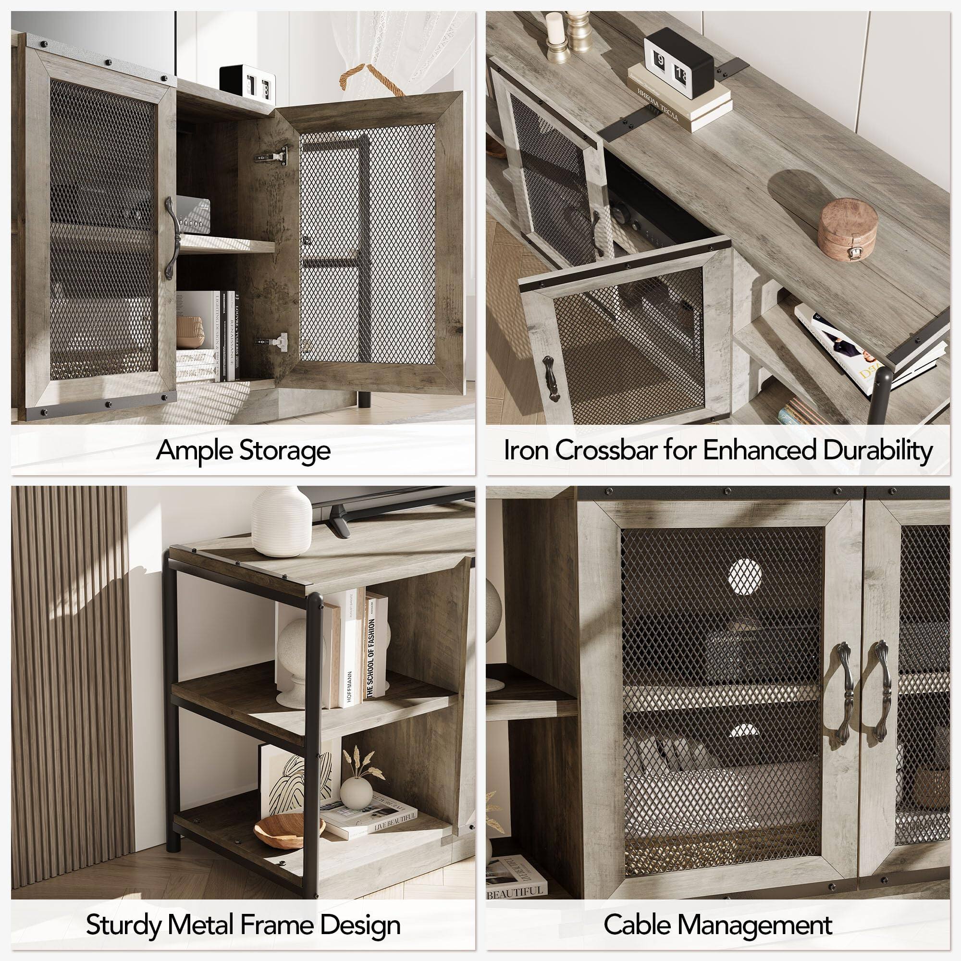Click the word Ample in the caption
click(194, 451)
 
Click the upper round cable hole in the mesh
click(745, 577)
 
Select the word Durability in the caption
click(877, 450)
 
